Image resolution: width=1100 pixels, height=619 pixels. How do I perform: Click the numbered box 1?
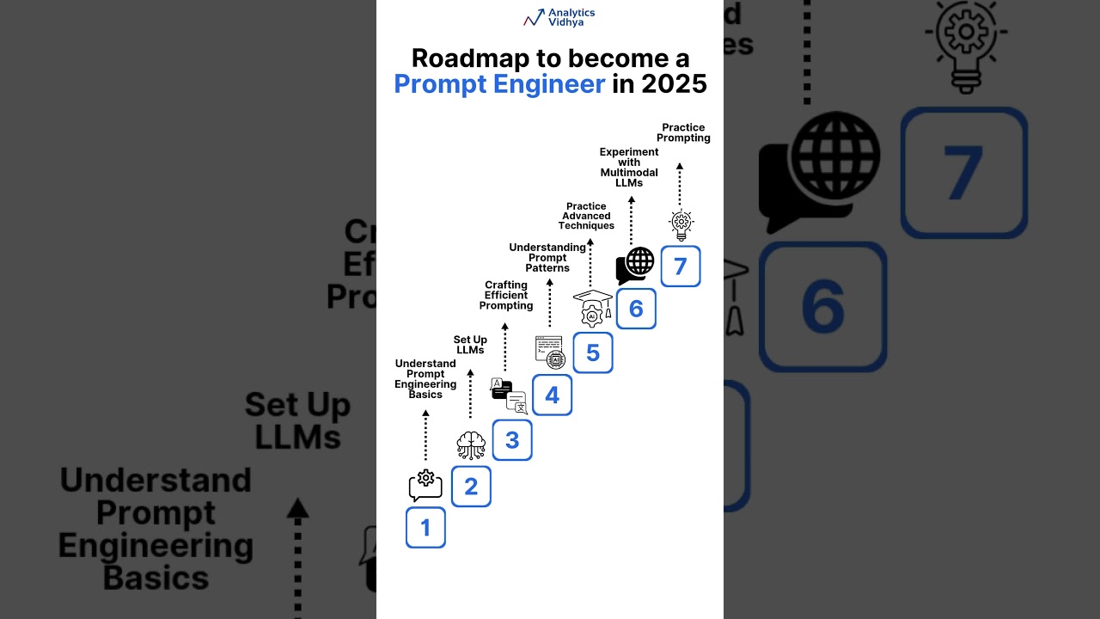pos(425,528)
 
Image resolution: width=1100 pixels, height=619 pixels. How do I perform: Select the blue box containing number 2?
pos(471,487)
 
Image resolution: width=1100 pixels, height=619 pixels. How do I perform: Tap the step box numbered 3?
pos(512,440)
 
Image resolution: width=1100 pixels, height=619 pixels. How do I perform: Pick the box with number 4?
pos(552,395)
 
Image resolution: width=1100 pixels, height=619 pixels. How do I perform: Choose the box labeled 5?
pos(593,352)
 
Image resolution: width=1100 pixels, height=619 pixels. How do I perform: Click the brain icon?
pos(471,444)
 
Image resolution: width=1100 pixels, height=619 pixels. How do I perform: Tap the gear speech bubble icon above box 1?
pos(425,486)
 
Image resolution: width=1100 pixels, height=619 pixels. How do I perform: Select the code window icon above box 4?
pos(550,352)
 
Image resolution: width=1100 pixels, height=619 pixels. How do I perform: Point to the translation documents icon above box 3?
pos(509,395)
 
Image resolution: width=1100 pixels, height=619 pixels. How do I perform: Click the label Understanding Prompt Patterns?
pos(547,258)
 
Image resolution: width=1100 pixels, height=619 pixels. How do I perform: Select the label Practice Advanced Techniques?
pos(586,216)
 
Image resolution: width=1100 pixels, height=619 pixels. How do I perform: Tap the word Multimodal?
pos(629,173)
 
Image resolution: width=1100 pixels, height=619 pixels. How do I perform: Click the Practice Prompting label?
pos(684,132)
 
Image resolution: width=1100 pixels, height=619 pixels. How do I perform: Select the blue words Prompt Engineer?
pos(499,84)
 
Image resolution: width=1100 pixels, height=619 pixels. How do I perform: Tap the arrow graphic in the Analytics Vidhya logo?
pos(534,17)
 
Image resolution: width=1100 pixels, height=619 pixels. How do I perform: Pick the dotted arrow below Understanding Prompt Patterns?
pos(549,305)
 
